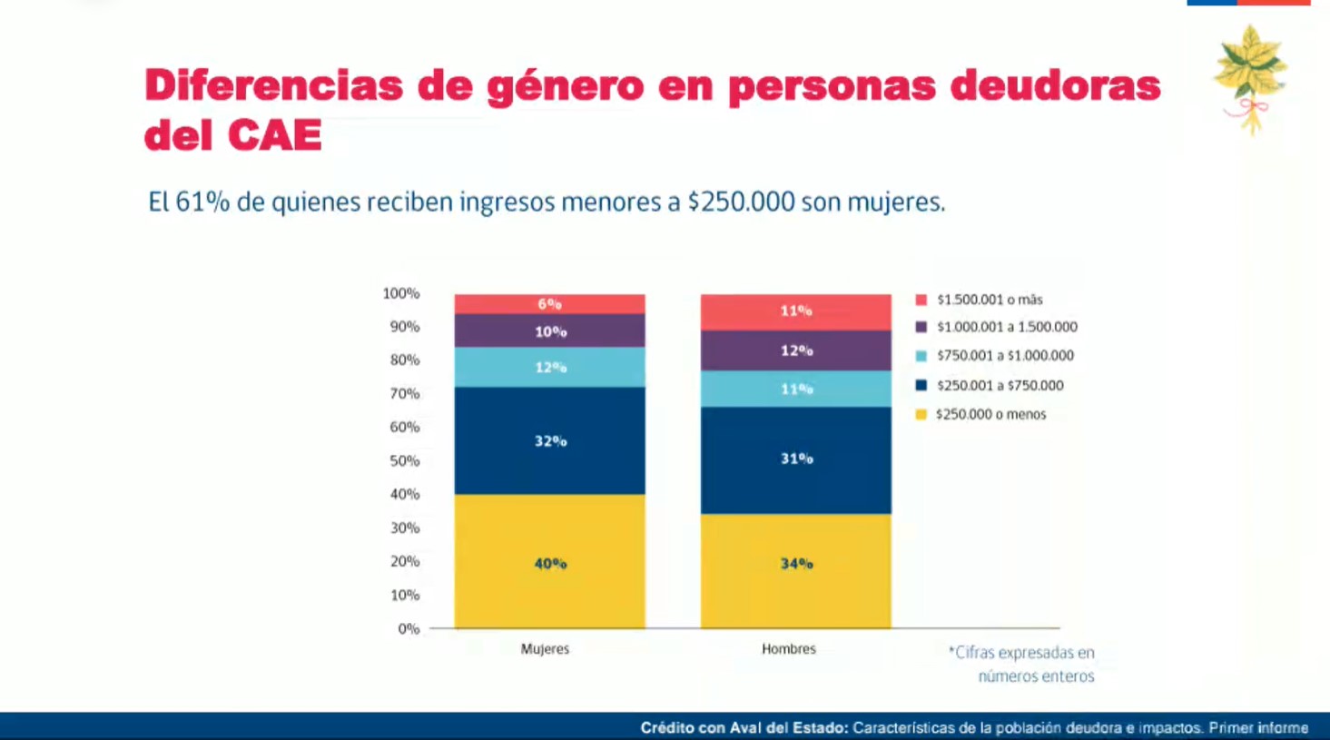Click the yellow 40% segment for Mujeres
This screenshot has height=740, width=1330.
coord(549,561)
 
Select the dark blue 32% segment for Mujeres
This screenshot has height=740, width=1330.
coord(549,441)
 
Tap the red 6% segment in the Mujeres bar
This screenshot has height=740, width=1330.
coord(549,304)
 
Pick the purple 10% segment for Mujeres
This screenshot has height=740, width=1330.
coord(549,331)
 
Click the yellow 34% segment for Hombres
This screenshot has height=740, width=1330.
coord(795,570)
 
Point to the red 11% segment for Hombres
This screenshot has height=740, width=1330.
coord(795,311)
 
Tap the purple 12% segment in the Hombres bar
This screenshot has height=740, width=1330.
coord(795,350)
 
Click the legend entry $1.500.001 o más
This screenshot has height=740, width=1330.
coord(989,300)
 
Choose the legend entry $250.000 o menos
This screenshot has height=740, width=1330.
coord(990,414)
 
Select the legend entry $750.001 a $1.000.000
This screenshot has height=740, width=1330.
coord(1004,356)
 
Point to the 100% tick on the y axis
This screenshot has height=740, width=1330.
coord(400,293)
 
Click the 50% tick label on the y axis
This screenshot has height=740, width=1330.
coord(405,460)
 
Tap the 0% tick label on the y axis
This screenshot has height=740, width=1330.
coord(409,628)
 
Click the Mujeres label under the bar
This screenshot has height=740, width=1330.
coord(545,649)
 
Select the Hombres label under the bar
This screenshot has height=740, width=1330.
coord(789,649)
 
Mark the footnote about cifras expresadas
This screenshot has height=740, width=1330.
coord(1022,664)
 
